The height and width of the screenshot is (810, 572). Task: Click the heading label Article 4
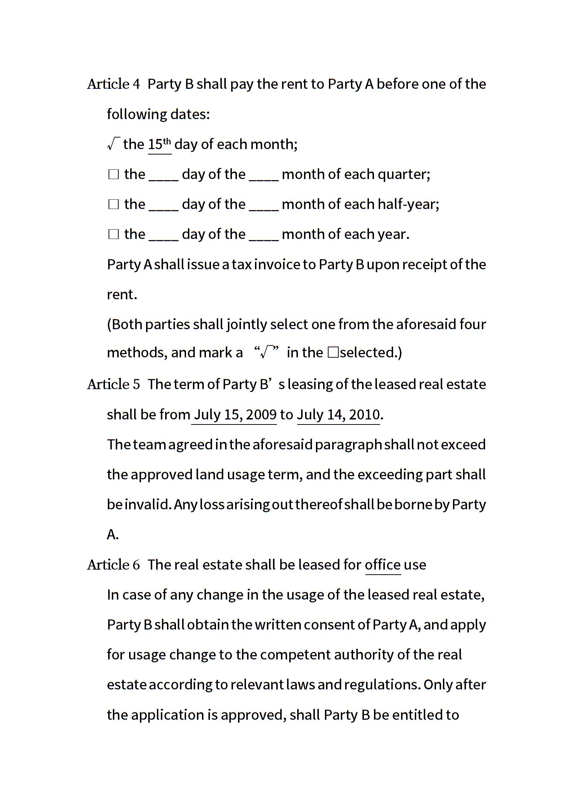(113, 84)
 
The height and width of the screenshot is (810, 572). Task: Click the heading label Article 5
(113, 384)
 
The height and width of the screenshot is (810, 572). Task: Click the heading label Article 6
(113, 565)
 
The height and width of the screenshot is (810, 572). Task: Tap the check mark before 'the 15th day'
(113, 144)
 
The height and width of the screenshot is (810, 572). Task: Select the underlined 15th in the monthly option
(159, 144)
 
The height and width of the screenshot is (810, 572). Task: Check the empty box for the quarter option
(114, 175)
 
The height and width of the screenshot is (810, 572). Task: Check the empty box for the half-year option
(114, 205)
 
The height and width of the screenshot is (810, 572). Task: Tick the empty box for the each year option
(114, 235)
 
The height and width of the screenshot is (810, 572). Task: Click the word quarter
(404, 175)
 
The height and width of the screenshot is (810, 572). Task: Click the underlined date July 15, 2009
(235, 414)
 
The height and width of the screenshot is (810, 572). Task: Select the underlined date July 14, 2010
(338, 414)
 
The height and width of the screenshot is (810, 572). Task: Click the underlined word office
(383, 565)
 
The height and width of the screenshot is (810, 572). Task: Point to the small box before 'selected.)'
(333, 353)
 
